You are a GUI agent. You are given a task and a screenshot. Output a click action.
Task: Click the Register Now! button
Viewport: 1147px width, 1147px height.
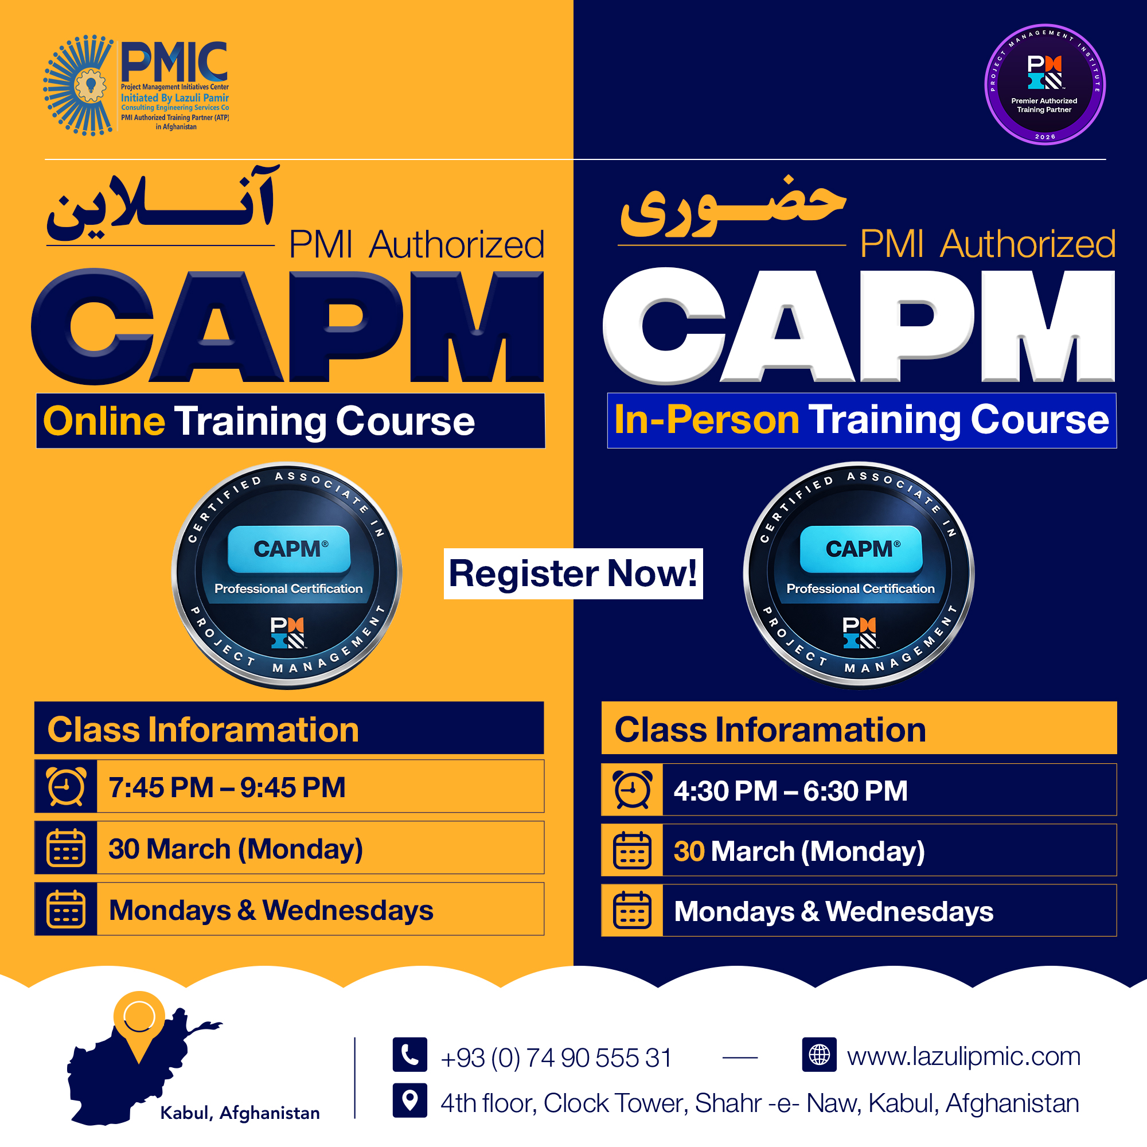573,573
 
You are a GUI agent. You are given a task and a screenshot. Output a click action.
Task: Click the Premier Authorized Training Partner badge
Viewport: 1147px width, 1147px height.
1044,84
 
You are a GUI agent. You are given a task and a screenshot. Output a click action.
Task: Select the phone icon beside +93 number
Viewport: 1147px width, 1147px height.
409,1055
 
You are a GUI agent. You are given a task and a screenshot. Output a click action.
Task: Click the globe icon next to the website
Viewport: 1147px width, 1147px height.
819,1055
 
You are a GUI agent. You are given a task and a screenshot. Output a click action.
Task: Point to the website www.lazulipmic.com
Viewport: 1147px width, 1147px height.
963,1056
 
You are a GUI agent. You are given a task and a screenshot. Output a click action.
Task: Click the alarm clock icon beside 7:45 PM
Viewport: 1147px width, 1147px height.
66,787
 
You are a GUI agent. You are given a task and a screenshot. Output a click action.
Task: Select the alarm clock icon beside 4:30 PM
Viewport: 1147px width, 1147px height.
632,790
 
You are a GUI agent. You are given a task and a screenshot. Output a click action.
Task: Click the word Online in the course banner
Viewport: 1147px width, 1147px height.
104,421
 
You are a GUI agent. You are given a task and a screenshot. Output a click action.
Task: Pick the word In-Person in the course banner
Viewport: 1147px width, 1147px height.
707,420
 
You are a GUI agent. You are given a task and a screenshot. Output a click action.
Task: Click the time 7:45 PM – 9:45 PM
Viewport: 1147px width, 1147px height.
227,788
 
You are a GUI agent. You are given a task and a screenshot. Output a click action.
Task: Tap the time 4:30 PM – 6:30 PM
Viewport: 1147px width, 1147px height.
790,791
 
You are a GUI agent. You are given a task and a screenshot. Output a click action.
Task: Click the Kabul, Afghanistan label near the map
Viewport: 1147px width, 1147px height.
240,1113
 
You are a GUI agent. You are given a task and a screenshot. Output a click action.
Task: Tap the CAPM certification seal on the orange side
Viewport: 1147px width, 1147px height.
287,575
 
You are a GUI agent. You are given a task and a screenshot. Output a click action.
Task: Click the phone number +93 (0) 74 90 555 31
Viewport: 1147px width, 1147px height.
556,1058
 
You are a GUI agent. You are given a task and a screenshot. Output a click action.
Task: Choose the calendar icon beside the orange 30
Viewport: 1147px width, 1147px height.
632,850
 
